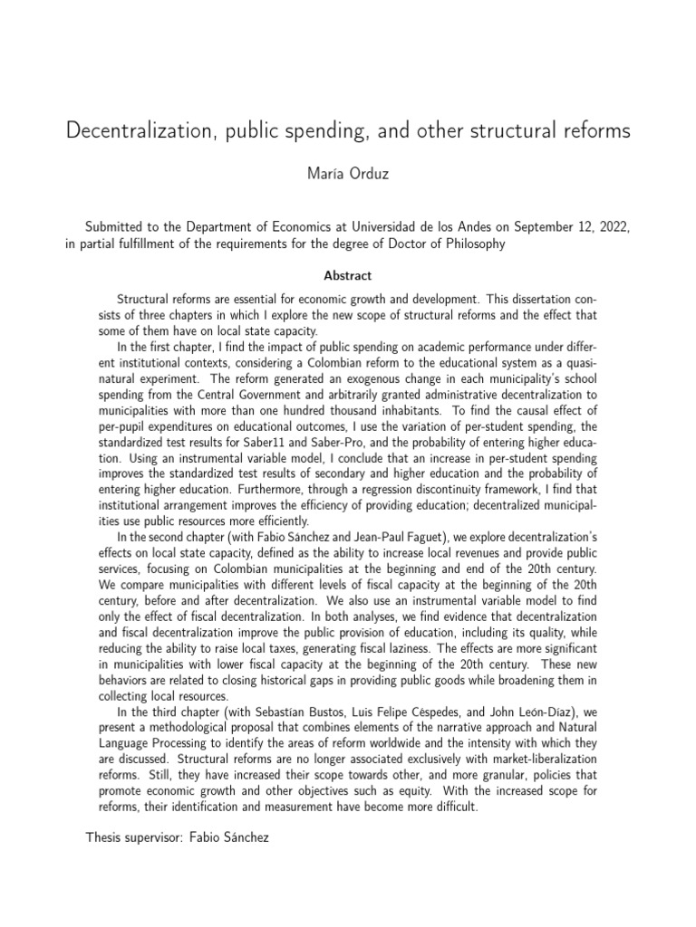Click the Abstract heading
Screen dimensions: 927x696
(x=347, y=275)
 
